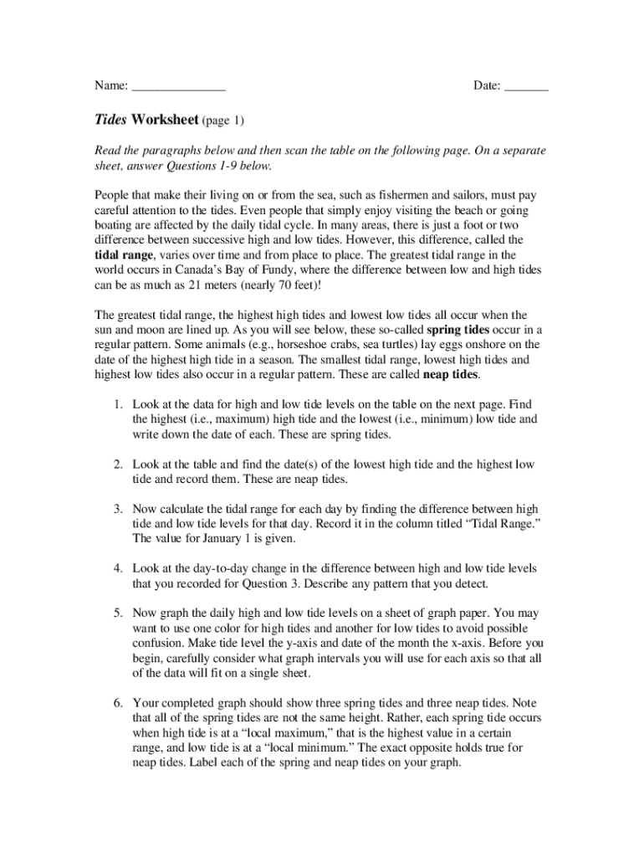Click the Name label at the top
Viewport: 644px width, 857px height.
[110, 85]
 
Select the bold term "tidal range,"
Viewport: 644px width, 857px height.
[125, 254]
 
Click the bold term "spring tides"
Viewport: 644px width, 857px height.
[458, 330]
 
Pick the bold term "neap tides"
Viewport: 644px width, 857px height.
[452, 375]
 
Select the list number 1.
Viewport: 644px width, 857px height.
[119, 405]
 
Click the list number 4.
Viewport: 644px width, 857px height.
[119, 569]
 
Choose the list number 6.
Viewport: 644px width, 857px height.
[119, 703]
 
